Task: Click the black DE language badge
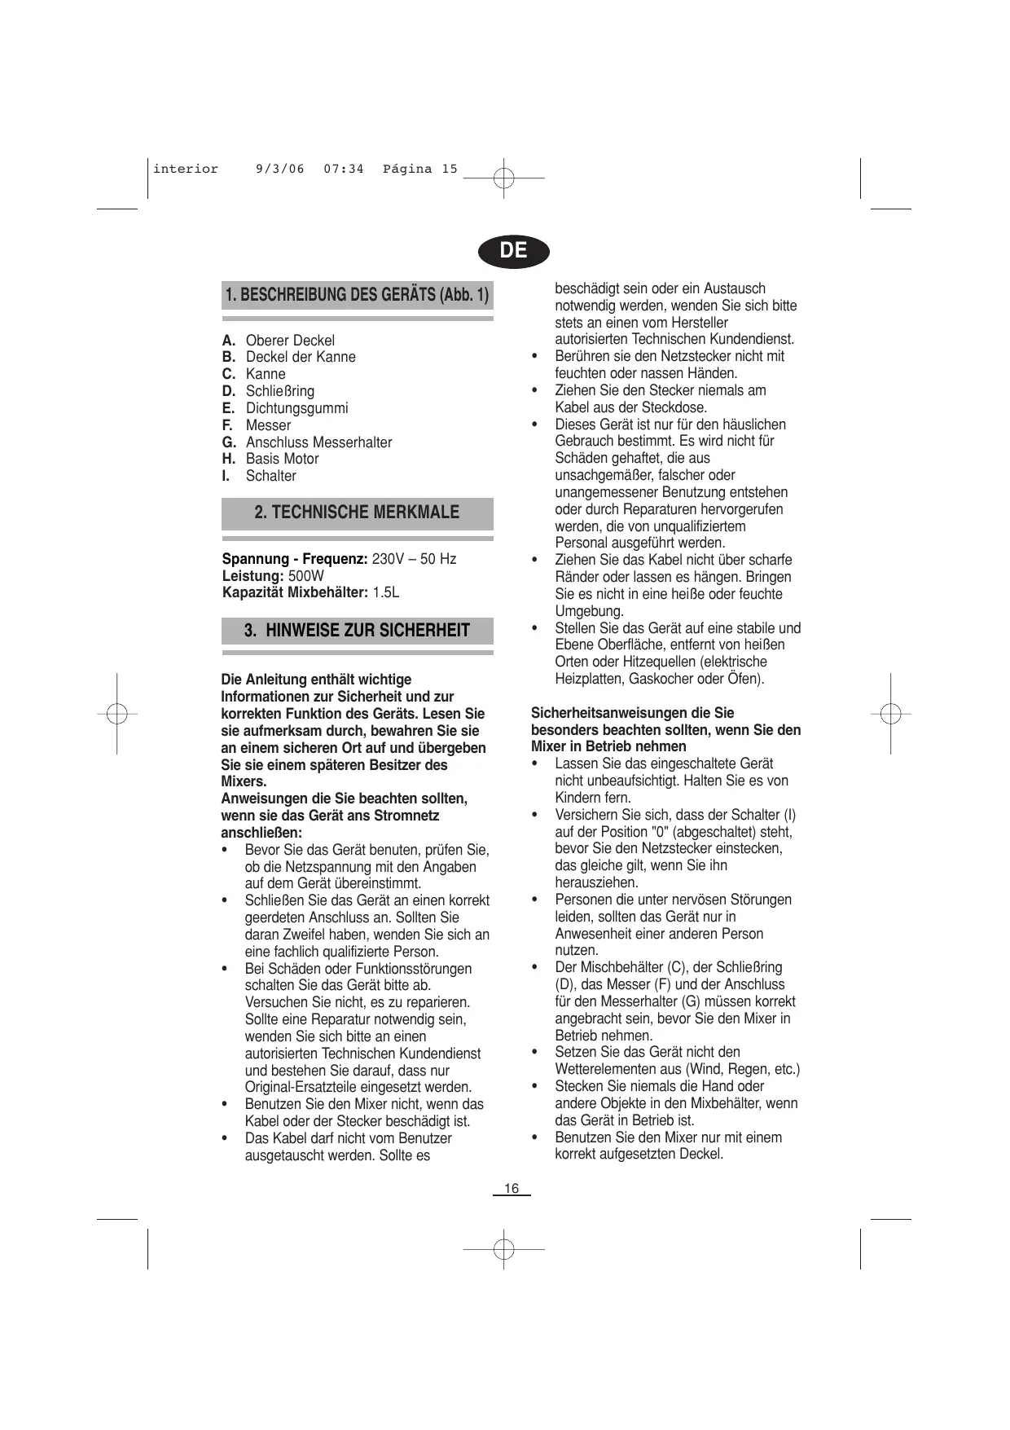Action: click(513, 250)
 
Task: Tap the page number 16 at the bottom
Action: click(512, 1189)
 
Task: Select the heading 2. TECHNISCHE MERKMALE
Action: click(357, 513)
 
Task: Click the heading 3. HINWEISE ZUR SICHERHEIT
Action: click(357, 631)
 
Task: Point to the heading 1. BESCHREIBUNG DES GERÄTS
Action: click(357, 295)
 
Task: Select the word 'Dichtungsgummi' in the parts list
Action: click(296, 408)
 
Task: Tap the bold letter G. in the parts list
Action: click(229, 442)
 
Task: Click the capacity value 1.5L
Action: click(385, 592)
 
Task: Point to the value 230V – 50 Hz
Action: click(414, 559)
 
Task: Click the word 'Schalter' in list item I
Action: click(270, 476)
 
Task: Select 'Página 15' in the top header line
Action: click(420, 169)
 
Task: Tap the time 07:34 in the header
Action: click(343, 169)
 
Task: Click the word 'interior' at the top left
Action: click(186, 169)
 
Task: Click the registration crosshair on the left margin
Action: click(116, 713)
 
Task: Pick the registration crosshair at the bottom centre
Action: click(504, 1249)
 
